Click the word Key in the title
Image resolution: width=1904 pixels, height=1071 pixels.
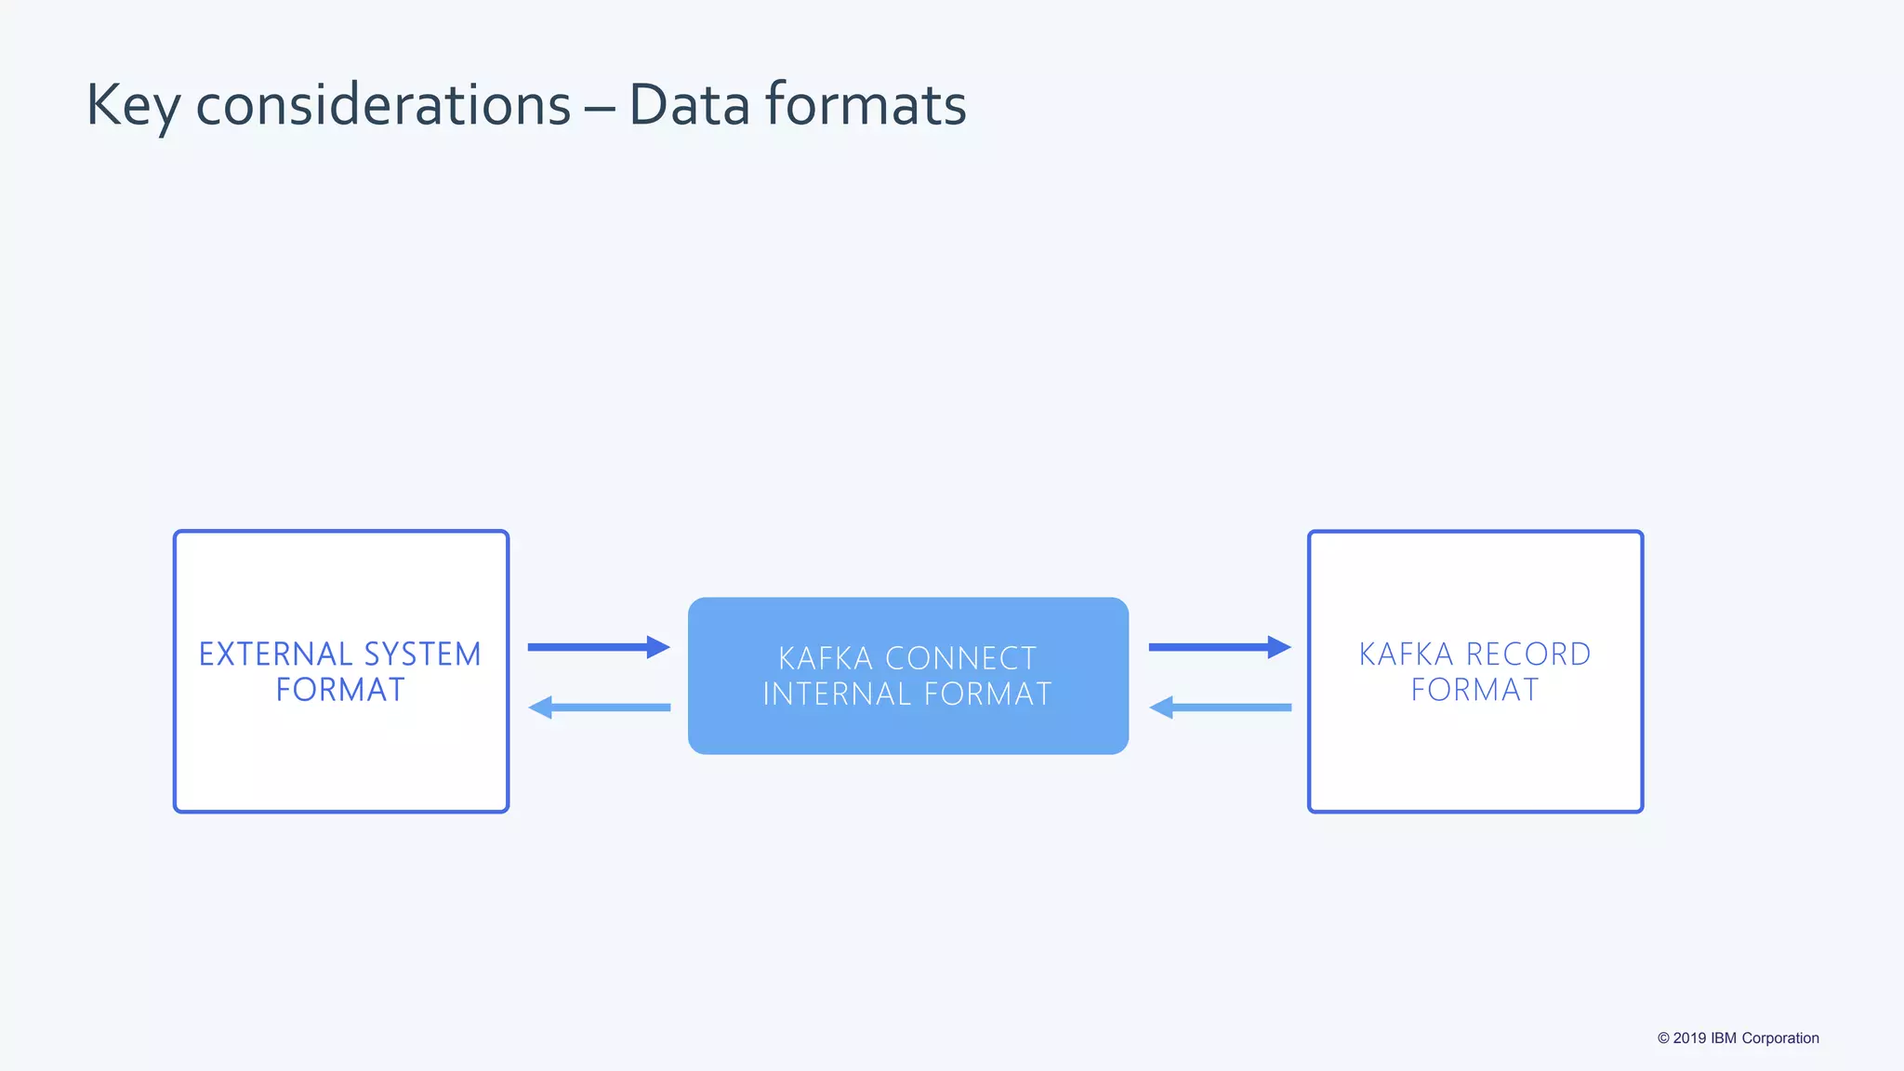coord(133,105)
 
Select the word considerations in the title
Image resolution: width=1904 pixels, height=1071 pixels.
coord(383,104)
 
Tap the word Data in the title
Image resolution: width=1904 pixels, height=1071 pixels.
coord(689,104)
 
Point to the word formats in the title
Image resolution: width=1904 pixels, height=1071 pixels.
coord(866,104)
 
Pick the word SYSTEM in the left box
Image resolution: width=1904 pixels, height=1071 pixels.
coord(423,654)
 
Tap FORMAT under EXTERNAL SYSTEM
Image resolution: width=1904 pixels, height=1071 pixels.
coord(340,690)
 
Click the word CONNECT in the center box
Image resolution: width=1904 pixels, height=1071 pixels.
coord(960,658)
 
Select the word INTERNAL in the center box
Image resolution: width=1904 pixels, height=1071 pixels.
coord(837,694)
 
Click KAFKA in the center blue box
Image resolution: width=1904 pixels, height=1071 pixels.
coord(826,658)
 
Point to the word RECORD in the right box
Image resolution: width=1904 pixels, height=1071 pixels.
coord(1528,654)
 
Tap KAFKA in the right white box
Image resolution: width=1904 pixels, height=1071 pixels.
coord(1406,654)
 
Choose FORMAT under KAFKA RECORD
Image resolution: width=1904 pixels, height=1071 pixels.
coord(1474,690)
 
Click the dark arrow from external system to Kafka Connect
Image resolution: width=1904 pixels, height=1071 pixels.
coord(599,647)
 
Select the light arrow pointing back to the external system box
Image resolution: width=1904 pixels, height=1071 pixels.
coord(599,707)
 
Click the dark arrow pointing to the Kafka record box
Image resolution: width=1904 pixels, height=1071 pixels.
coord(1220,647)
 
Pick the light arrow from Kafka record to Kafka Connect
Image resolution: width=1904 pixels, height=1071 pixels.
coord(1220,707)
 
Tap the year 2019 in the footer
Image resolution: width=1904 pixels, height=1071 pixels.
coord(1689,1038)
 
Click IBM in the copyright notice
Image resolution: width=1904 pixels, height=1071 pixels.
coord(1724,1038)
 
